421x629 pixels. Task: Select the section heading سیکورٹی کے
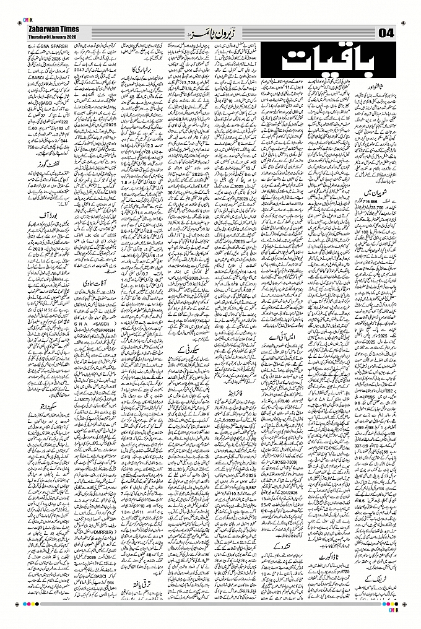pos(195,350)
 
